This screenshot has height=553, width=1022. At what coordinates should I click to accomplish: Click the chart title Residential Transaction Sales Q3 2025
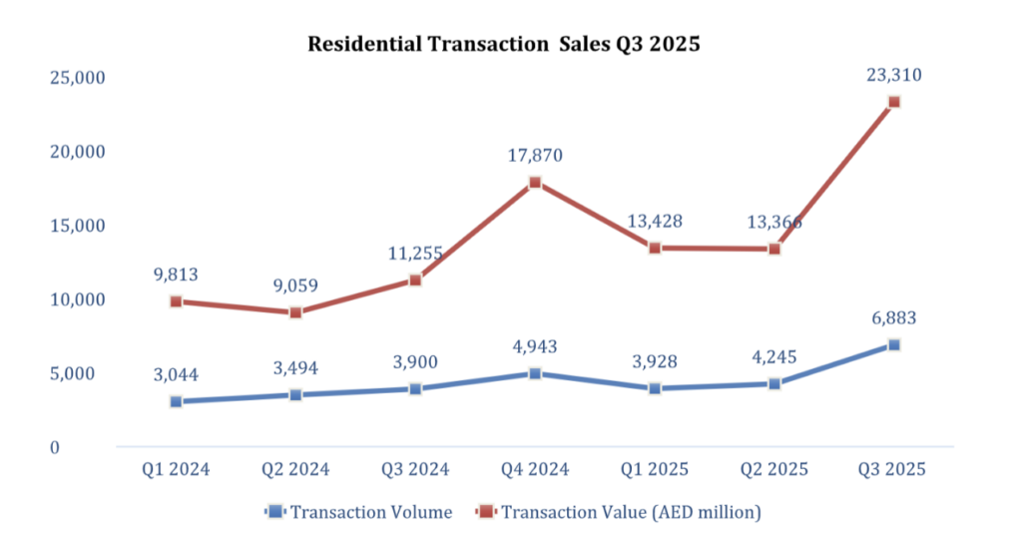click(504, 44)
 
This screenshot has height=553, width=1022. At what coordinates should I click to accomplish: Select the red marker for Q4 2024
click(535, 183)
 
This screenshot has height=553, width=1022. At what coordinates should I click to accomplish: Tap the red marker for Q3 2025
click(894, 102)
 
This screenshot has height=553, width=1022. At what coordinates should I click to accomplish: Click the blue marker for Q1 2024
click(176, 402)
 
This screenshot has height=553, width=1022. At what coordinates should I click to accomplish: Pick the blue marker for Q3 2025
click(894, 345)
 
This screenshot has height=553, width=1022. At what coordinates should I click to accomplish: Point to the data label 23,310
click(893, 73)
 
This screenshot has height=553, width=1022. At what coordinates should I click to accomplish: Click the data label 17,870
click(535, 155)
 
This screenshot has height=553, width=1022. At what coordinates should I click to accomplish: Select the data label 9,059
click(295, 284)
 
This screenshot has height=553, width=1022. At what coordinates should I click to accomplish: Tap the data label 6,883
click(893, 318)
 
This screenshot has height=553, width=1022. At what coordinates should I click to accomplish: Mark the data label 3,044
click(176, 374)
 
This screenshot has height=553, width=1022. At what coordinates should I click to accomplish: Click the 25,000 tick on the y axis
click(78, 78)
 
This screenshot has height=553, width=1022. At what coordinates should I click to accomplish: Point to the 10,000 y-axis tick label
click(78, 299)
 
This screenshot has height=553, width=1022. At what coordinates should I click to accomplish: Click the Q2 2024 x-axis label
click(295, 469)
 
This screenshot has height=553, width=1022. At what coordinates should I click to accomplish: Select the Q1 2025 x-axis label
click(655, 469)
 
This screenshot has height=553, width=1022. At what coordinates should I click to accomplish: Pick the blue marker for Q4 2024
click(535, 374)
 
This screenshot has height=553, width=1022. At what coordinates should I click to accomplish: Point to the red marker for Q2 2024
click(295, 312)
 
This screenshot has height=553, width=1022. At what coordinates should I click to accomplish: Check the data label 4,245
click(774, 356)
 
